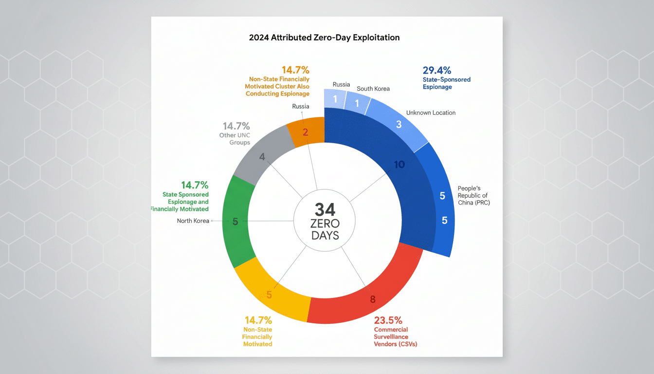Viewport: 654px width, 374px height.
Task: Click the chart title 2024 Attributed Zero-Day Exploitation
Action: click(x=324, y=37)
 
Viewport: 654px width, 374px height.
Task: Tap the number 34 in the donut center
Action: click(x=325, y=210)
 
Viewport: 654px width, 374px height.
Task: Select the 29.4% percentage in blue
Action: click(x=436, y=70)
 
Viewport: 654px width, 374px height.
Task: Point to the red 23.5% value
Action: click(x=388, y=320)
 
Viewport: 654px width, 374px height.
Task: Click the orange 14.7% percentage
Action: click(x=295, y=70)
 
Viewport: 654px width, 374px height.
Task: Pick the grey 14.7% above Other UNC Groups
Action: click(x=236, y=126)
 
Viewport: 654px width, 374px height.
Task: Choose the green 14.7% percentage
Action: click(x=195, y=185)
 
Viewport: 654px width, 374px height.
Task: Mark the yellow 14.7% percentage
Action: click(x=258, y=320)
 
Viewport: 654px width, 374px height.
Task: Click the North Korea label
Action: click(x=193, y=221)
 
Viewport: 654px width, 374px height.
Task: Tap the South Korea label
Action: click(x=373, y=89)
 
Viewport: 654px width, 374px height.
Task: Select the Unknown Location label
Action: click(x=431, y=112)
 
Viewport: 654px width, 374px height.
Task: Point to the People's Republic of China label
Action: click(x=473, y=195)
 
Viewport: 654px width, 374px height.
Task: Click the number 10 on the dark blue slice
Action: click(x=399, y=165)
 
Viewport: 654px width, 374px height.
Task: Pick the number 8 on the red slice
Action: click(x=373, y=299)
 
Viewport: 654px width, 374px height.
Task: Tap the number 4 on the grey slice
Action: click(x=262, y=157)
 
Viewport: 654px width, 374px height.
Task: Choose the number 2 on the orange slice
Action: click(x=305, y=131)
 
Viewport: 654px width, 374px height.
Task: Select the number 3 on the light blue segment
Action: click(x=399, y=124)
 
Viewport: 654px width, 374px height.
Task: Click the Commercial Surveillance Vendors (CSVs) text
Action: click(x=395, y=337)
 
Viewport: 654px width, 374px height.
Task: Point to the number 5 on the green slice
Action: click(x=235, y=222)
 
